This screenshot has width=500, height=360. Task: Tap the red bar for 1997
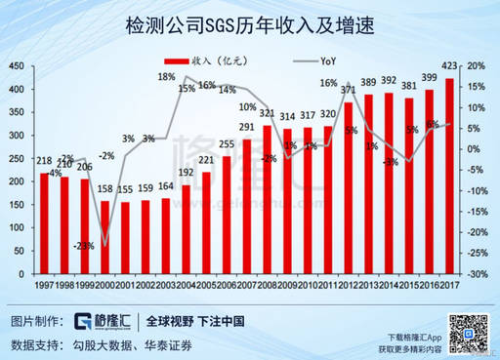pyautogui.click(x=44, y=223)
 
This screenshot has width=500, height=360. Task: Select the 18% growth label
pyautogui.click(x=167, y=76)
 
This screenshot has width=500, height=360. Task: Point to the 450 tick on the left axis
pyautogui.click(x=18, y=65)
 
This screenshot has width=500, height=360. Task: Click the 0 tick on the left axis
pyautogui.click(x=24, y=275)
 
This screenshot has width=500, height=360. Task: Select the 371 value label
pyautogui.click(x=348, y=91)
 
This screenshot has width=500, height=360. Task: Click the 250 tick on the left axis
pyautogui.click(x=18, y=159)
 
